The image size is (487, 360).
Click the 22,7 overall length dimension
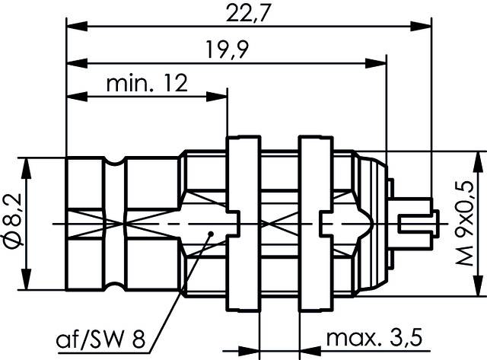coord(245,13)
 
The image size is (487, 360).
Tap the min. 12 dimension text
coord(147,83)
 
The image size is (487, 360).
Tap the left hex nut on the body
coord(244,223)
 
